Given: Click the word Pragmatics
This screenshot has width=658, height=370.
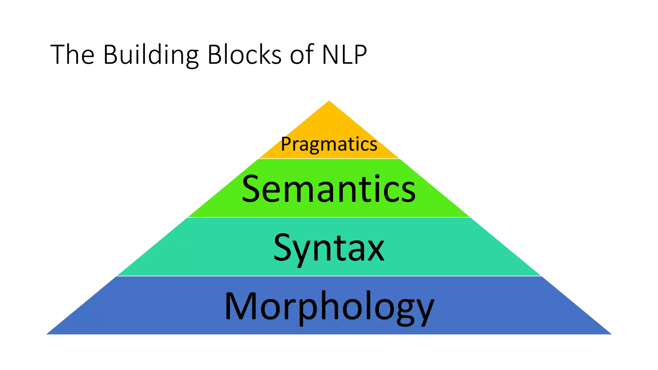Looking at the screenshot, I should coord(329,144).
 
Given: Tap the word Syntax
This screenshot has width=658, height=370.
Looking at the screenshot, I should coord(329,248).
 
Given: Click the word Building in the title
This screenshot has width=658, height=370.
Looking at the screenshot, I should coord(151,55).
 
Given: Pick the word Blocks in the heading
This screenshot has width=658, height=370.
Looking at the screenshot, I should coord(245,55).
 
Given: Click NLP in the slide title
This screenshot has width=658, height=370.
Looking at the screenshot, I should coord(344,55).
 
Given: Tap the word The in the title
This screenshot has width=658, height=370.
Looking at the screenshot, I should coord(72,55).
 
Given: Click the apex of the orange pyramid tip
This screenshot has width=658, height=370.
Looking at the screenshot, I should coord(329,101).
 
